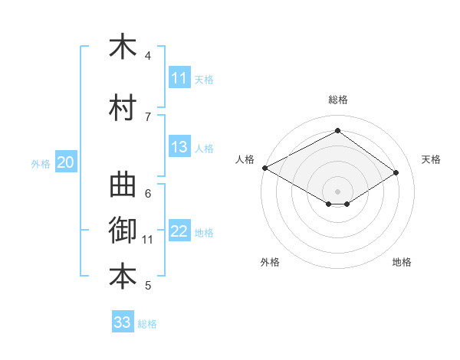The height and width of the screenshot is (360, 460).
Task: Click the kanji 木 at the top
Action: point(123,45)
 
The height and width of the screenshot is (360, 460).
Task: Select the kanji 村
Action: point(123,107)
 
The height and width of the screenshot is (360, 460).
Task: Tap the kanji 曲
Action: point(123,185)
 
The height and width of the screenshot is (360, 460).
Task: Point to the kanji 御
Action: point(123,230)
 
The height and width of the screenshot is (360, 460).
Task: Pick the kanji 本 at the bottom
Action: point(123,277)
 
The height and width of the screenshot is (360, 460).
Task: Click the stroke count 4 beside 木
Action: point(147,55)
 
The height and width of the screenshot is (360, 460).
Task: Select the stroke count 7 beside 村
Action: point(148,117)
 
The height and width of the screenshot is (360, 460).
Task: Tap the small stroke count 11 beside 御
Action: point(147,240)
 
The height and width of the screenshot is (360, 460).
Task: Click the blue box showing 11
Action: point(179,77)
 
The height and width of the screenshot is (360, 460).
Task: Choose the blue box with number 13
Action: point(179,146)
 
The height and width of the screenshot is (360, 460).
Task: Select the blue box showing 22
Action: point(179,230)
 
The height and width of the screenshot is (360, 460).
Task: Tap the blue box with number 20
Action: point(66,162)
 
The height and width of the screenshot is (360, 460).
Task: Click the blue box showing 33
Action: point(123,321)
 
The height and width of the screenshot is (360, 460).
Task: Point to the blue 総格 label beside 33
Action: point(147,324)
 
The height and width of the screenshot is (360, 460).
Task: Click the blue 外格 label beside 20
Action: point(41,164)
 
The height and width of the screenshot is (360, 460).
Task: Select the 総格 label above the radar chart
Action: point(338,100)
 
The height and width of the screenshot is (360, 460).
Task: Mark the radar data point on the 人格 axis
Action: point(265,168)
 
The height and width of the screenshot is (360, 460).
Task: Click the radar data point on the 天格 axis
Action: point(396,172)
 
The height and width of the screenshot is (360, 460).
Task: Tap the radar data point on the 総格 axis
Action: point(337,130)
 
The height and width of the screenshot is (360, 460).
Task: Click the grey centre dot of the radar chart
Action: point(337,191)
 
